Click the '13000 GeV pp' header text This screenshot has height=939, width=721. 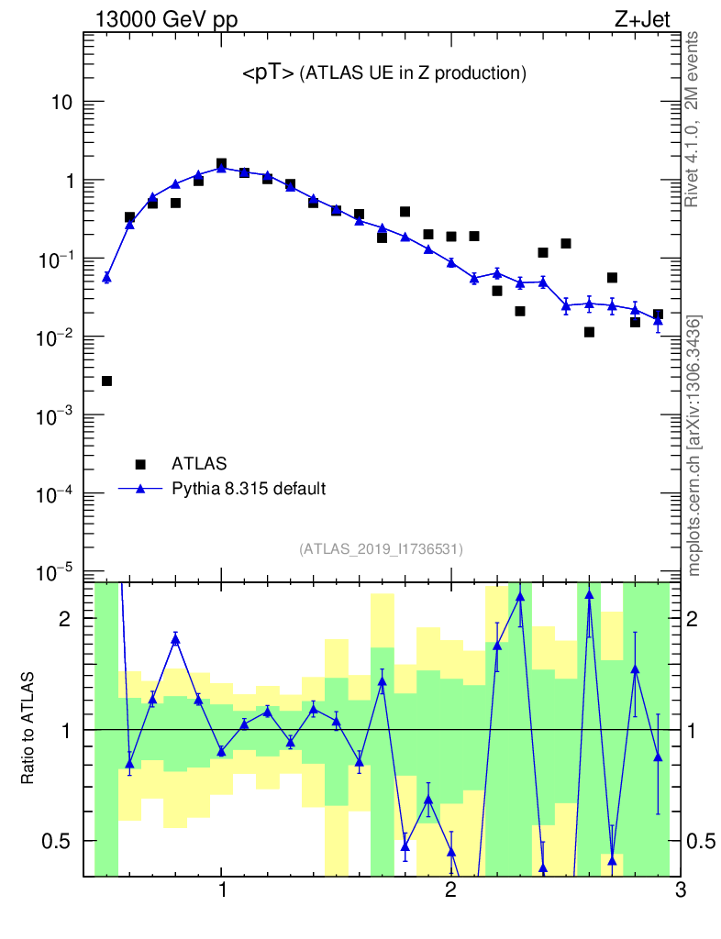[x=165, y=20]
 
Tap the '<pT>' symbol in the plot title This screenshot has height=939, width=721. [x=268, y=74]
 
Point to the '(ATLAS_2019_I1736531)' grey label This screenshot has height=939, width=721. [x=381, y=549]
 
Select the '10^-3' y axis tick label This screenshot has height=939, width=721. [x=57, y=415]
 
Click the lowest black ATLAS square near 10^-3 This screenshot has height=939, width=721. [x=106, y=381]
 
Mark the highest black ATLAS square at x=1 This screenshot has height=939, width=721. [x=221, y=164]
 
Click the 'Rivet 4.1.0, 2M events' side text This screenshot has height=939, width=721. [x=694, y=119]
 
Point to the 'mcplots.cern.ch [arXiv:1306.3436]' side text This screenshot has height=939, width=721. [x=694, y=445]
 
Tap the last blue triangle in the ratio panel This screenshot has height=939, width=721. [x=658, y=757]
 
